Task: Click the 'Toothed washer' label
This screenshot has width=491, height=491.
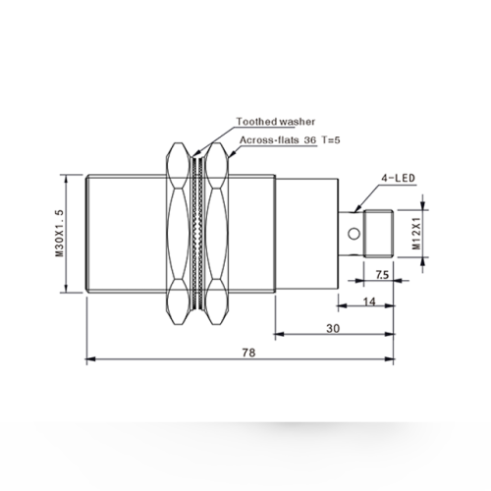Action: click(x=276, y=122)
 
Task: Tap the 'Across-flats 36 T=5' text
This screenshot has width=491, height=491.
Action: click(x=290, y=140)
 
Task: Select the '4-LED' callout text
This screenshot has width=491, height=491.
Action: click(x=398, y=178)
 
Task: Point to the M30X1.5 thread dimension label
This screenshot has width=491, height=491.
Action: click(x=59, y=233)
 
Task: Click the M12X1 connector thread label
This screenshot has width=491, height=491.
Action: click(x=416, y=234)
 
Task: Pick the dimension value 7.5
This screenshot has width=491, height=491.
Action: click(x=382, y=275)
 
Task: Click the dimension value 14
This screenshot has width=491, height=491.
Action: click(x=369, y=301)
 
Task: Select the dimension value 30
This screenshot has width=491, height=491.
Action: click(x=333, y=328)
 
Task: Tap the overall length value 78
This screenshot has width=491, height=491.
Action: click(x=248, y=353)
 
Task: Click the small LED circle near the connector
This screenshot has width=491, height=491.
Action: click(x=354, y=234)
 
